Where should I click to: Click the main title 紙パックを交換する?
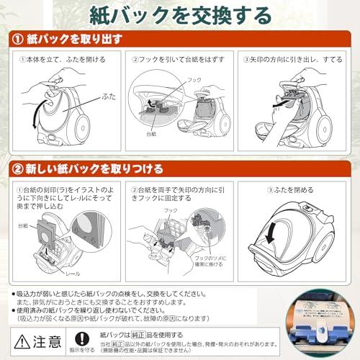[180, 14]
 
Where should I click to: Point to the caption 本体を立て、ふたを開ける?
[63, 59]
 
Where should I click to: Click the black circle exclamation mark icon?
[84, 337]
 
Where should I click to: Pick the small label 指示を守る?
[84, 351]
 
